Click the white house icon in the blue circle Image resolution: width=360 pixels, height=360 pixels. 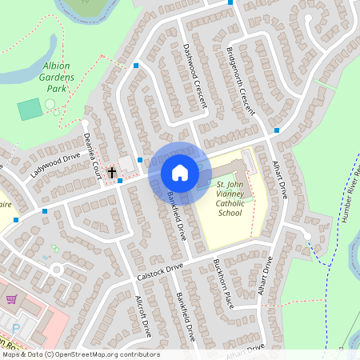pyautogui.click(x=179, y=172)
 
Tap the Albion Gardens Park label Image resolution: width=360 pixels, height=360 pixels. pyautogui.click(x=56, y=77)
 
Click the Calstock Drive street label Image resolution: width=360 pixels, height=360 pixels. pyautogui.click(x=160, y=270)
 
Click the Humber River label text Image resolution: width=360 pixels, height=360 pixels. pyautogui.click(x=353, y=196)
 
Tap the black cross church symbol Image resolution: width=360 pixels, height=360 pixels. pyautogui.click(x=111, y=172)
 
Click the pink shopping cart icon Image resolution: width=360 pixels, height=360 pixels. pyautogui.click(x=11, y=301)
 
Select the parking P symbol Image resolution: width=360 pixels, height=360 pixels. pyautogui.click(x=15, y=327)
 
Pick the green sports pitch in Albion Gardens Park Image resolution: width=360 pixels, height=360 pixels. pyautogui.click(x=30, y=110)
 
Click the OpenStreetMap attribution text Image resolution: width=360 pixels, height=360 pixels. pyautogui.click(x=80, y=354)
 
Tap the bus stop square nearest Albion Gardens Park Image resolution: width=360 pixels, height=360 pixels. pyautogui.click(x=136, y=66)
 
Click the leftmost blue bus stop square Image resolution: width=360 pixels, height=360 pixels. pyautogui.click(x=45, y=211)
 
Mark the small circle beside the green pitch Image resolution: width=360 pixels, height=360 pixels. pyautogui.click(x=50, y=104)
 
